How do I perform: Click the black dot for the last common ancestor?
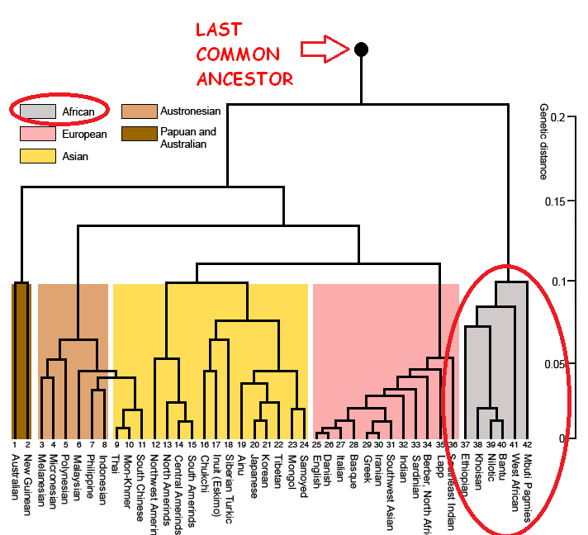tap(361, 49)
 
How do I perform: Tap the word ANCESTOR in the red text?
tap(244, 79)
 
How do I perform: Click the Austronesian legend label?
tap(192, 111)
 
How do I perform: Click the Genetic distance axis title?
tap(543, 141)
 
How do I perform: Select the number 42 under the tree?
tap(527, 446)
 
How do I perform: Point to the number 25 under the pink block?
tap(316, 446)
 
